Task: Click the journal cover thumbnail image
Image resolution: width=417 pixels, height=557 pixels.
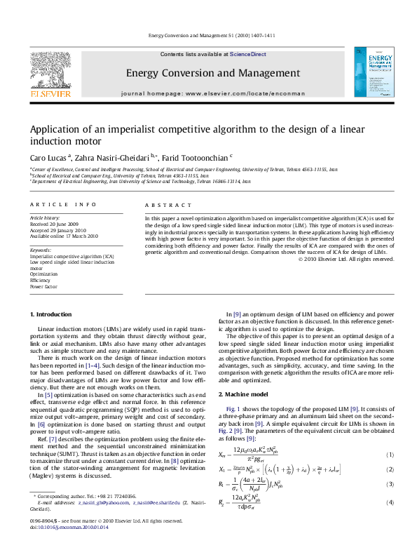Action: [x=369, y=72]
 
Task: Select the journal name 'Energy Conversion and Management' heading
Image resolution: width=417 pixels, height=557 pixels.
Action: [x=212, y=73]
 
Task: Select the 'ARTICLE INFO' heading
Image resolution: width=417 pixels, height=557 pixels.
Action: [x=63, y=204]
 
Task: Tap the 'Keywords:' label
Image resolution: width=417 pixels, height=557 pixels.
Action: [x=41, y=250]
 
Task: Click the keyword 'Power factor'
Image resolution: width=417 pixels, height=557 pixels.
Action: [x=43, y=287]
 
